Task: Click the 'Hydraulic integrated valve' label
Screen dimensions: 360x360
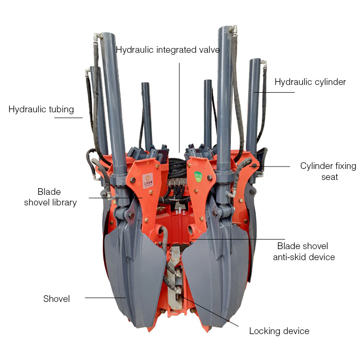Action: pos(168,50)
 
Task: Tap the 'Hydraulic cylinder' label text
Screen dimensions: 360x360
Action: pos(310,82)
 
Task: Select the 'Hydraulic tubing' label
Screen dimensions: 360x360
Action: pos(41,109)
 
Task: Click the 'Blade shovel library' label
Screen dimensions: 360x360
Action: pos(50,197)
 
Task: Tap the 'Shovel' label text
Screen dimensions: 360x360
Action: pos(57,299)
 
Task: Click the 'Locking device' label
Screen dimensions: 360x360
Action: pos(279,331)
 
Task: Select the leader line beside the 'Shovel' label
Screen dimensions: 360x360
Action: pos(106,298)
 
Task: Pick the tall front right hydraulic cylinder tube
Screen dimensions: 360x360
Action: pos(224,96)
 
